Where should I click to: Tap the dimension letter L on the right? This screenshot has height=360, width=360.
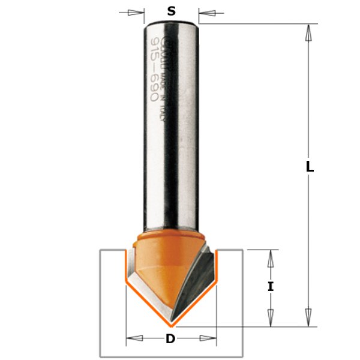pyautogui.click(x=310, y=168)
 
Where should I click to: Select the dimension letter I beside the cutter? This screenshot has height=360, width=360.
pyautogui.click(x=271, y=287)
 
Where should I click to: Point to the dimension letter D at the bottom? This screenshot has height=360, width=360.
pyautogui.click(x=170, y=340)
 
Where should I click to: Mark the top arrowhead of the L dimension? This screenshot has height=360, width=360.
pyautogui.click(x=310, y=33)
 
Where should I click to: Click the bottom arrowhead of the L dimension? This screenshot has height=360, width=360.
pyautogui.click(x=310, y=317)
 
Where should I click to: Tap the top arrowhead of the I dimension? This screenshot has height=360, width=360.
pyautogui.click(x=271, y=259)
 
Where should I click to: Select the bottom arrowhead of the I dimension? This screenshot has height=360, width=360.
pyautogui.click(x=271, y=317)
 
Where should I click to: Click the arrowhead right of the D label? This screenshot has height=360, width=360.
pyautogui.click(x=208, y=340)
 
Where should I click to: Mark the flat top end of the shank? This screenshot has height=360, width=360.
pyautogui.click(x=172, y=22)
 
